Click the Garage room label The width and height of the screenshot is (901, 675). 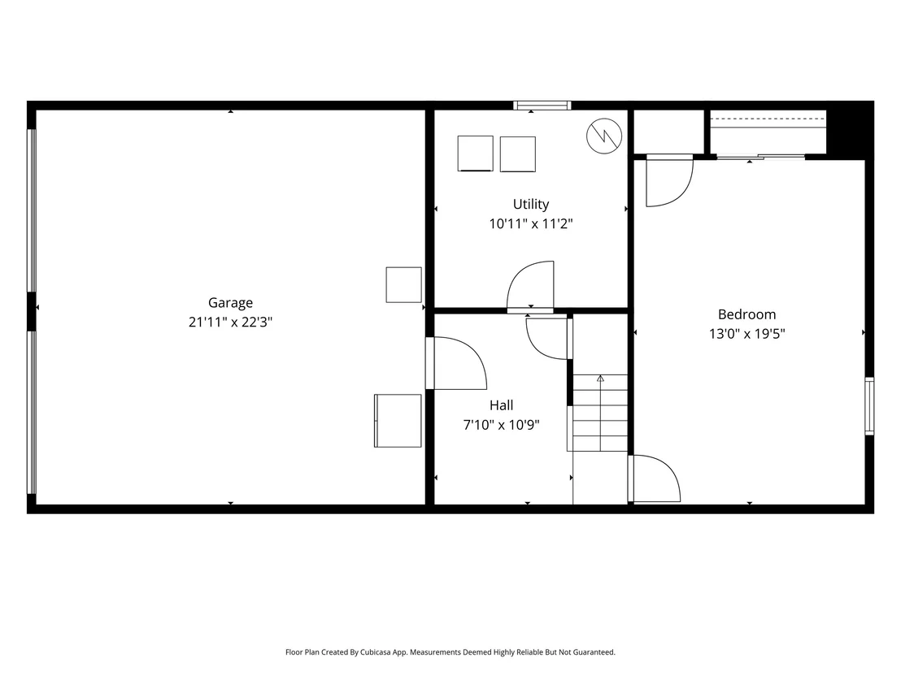[x=230, y=303]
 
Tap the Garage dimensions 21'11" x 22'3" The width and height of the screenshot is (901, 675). [x=230, y=322]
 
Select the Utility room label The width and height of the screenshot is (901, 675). [x=531, y=205]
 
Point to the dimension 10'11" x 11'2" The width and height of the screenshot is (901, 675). [x=531, y=224]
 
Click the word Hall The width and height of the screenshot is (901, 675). [x=502, y=405]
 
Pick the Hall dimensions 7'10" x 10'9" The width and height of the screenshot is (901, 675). [x=502, y=425]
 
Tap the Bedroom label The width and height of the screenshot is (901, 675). [x=747, y=314]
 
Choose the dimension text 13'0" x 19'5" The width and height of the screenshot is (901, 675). [x=747, y=334]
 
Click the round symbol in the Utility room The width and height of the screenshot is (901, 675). [x=604, y=136]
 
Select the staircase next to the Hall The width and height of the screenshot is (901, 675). [x=600, y=413]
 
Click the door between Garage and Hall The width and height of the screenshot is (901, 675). [x=456, y=363]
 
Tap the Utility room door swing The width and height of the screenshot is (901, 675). [x=530, y=286]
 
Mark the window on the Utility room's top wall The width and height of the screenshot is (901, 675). [x=542, y=105]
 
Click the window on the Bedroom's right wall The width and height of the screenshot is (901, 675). [x=869, y=406]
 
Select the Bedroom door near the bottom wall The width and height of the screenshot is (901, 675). [x=655, y=478]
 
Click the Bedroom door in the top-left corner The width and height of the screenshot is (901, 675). [x=669, y=180]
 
